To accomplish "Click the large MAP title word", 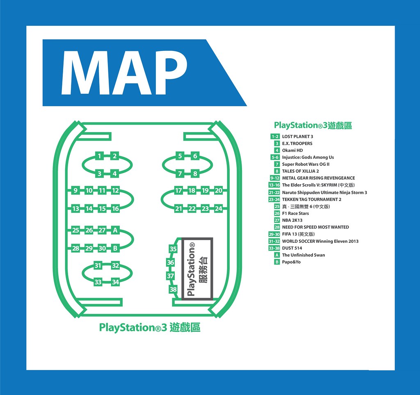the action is (x=124, y=73).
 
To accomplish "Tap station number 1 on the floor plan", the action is (x=99, y=156).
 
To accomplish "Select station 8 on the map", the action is (x=195, y=174).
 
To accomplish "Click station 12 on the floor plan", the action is (x=115, y=190).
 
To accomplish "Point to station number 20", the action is (x=219, y=190).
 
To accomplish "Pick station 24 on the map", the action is (x=219, y=209).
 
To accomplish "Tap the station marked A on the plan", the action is (x=115, y=230).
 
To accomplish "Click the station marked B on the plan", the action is (x=115, y=248).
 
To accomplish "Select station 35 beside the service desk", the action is (x=173, y=249).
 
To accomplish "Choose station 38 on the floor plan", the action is (x=173, y=289).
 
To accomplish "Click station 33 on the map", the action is (x=98, y=282).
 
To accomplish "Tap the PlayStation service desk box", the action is (x=197, y=269).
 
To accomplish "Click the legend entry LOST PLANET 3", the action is (x=298, y=137).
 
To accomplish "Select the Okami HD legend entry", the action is (x=292, y=150).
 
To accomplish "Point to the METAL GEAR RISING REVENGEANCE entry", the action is (x=318, y=178).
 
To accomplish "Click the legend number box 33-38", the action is (x=274, y=248).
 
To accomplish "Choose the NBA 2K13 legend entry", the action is (x=292, y=220).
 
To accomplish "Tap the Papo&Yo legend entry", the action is (x=291, y=262).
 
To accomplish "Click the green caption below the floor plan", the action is (x=150, y=327).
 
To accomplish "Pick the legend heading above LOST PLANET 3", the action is (x=313, y=125).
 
